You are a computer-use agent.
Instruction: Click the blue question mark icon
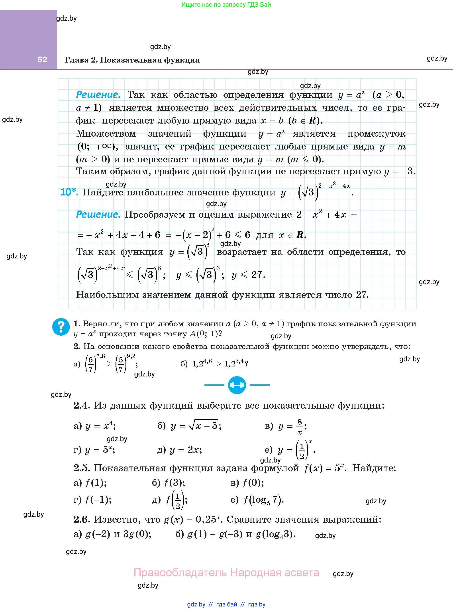61,327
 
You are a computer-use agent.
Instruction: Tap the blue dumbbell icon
237,385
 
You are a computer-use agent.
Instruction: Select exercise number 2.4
82,405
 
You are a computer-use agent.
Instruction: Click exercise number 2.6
82,519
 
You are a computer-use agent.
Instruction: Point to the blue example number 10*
69,192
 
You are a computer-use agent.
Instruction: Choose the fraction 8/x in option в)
300,427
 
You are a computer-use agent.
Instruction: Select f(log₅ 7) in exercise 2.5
263,500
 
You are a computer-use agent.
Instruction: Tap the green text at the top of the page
226,5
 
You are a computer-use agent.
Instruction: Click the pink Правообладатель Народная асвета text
226,573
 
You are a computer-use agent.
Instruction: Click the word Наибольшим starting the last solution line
107,295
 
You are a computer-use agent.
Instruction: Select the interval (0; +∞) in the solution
97,147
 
